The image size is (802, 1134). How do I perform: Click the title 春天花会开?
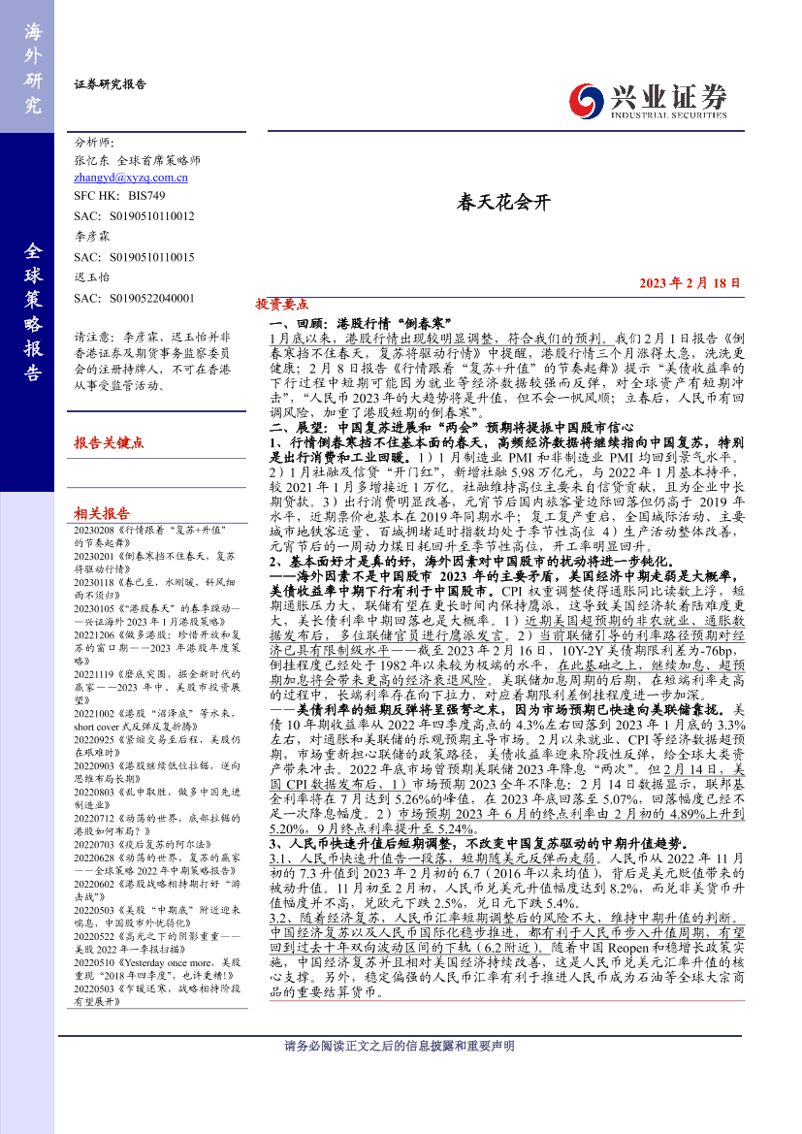coord(503,203)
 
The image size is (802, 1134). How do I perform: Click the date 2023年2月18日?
coord(690,283)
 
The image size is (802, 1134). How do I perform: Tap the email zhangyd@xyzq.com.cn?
coord(131,178)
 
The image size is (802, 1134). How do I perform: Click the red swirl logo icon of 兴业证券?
coord(585,100)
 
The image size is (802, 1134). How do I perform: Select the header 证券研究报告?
coord(110,84)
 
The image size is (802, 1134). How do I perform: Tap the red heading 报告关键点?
coord(109,442)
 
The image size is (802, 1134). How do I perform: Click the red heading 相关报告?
coord(102,513)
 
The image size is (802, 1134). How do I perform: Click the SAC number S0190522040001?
coord(134,298)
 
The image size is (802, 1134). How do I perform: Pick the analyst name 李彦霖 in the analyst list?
coord(93,236)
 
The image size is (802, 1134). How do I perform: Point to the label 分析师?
coord(94,141)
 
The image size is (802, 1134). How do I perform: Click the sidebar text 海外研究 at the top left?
coord(33,68)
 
